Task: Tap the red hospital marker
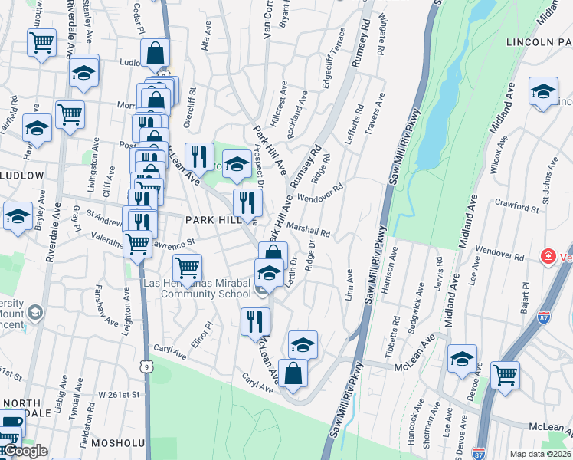tap(548, 256)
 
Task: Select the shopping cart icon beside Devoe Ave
tap(505, 375)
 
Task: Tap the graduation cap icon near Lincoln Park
tap(543, 92)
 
